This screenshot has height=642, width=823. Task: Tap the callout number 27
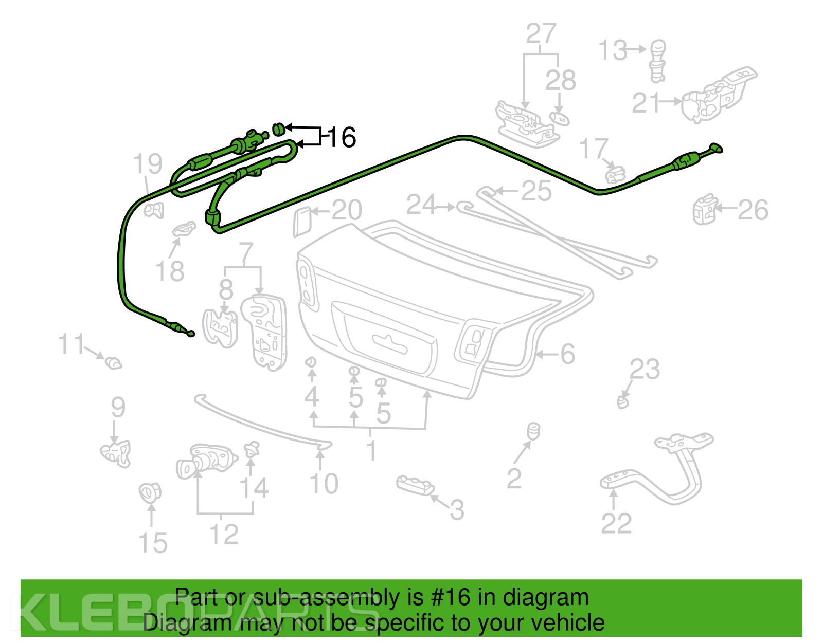[x=541, y=33]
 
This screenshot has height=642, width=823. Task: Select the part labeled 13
[x=658, y=61]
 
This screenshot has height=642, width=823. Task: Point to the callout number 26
[x=753, y=210]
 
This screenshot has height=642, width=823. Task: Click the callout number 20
[x=347, y=210]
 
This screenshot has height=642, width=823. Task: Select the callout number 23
[x=645, y=369]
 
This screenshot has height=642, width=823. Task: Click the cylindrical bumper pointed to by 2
[x=533, y=432]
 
